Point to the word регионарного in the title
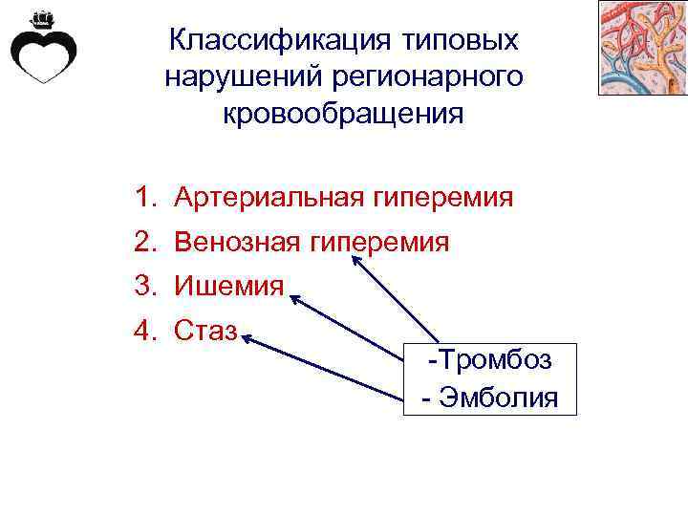(x=418, y=76)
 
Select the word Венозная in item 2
(x=239, y=242)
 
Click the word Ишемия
(x=228, y=285)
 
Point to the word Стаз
(x=205, y=331)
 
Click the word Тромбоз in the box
(x=496, y=361)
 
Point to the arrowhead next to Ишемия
(x=294, y=300)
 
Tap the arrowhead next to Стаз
(x=247, y=337)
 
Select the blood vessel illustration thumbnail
(x=642, y=48)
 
